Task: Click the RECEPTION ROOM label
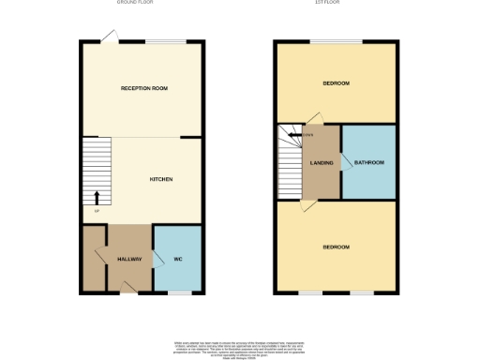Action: [143, 88]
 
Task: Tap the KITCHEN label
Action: [161, 179]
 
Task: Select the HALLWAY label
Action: [128, 259]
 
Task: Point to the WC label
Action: [176, 259]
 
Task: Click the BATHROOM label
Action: [368, 162]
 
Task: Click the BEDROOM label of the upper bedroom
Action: [336, 83]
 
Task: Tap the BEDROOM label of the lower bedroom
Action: [336, 247]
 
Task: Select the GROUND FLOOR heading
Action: [135, 4]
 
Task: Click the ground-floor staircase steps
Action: [96, 169]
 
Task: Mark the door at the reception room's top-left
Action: [110, 35]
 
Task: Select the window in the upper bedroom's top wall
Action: [336, 40]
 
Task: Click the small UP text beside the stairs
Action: [96, 210]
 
